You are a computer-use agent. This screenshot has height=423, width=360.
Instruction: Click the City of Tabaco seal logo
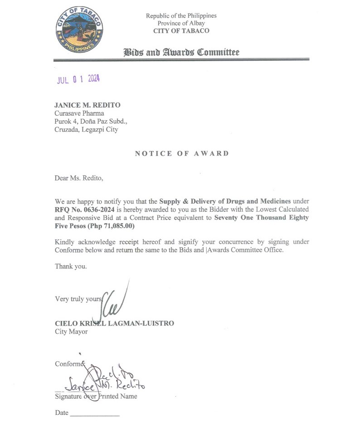pyautogui.click(x=80, y=30)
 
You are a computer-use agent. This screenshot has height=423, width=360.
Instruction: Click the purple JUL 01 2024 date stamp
pyautogui.click(x=78, y=79)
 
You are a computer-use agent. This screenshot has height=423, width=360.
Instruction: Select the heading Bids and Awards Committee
pyautogui.click(x=181, y=52)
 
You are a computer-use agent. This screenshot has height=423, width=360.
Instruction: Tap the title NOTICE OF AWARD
pyautogui.click(x=182, y=153)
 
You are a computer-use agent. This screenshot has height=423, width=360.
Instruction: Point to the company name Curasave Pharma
pyautogui.click(x=79, y=113)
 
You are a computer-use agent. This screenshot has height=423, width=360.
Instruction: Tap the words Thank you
pyautogui.click(x=71, y=266)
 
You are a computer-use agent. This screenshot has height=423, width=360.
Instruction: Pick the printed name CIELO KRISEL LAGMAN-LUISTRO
pyautogui.click(x=114, y=323)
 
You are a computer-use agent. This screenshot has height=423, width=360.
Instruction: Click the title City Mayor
pyautogui.click(x=71, y=331)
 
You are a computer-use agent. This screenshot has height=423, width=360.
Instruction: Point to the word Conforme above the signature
pyautogui.click(x=70, y=364)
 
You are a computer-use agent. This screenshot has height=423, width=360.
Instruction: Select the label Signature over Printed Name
pyautogui.click(x=96, y=396)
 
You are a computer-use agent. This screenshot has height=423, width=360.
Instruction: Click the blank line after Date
pyautogui.click(x=95, y=413)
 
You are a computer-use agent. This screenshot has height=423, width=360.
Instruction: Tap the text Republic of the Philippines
pyautogui.click(x=181, y=15)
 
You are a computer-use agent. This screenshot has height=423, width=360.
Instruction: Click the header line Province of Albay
pyautogui.click(x=181, y=23)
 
